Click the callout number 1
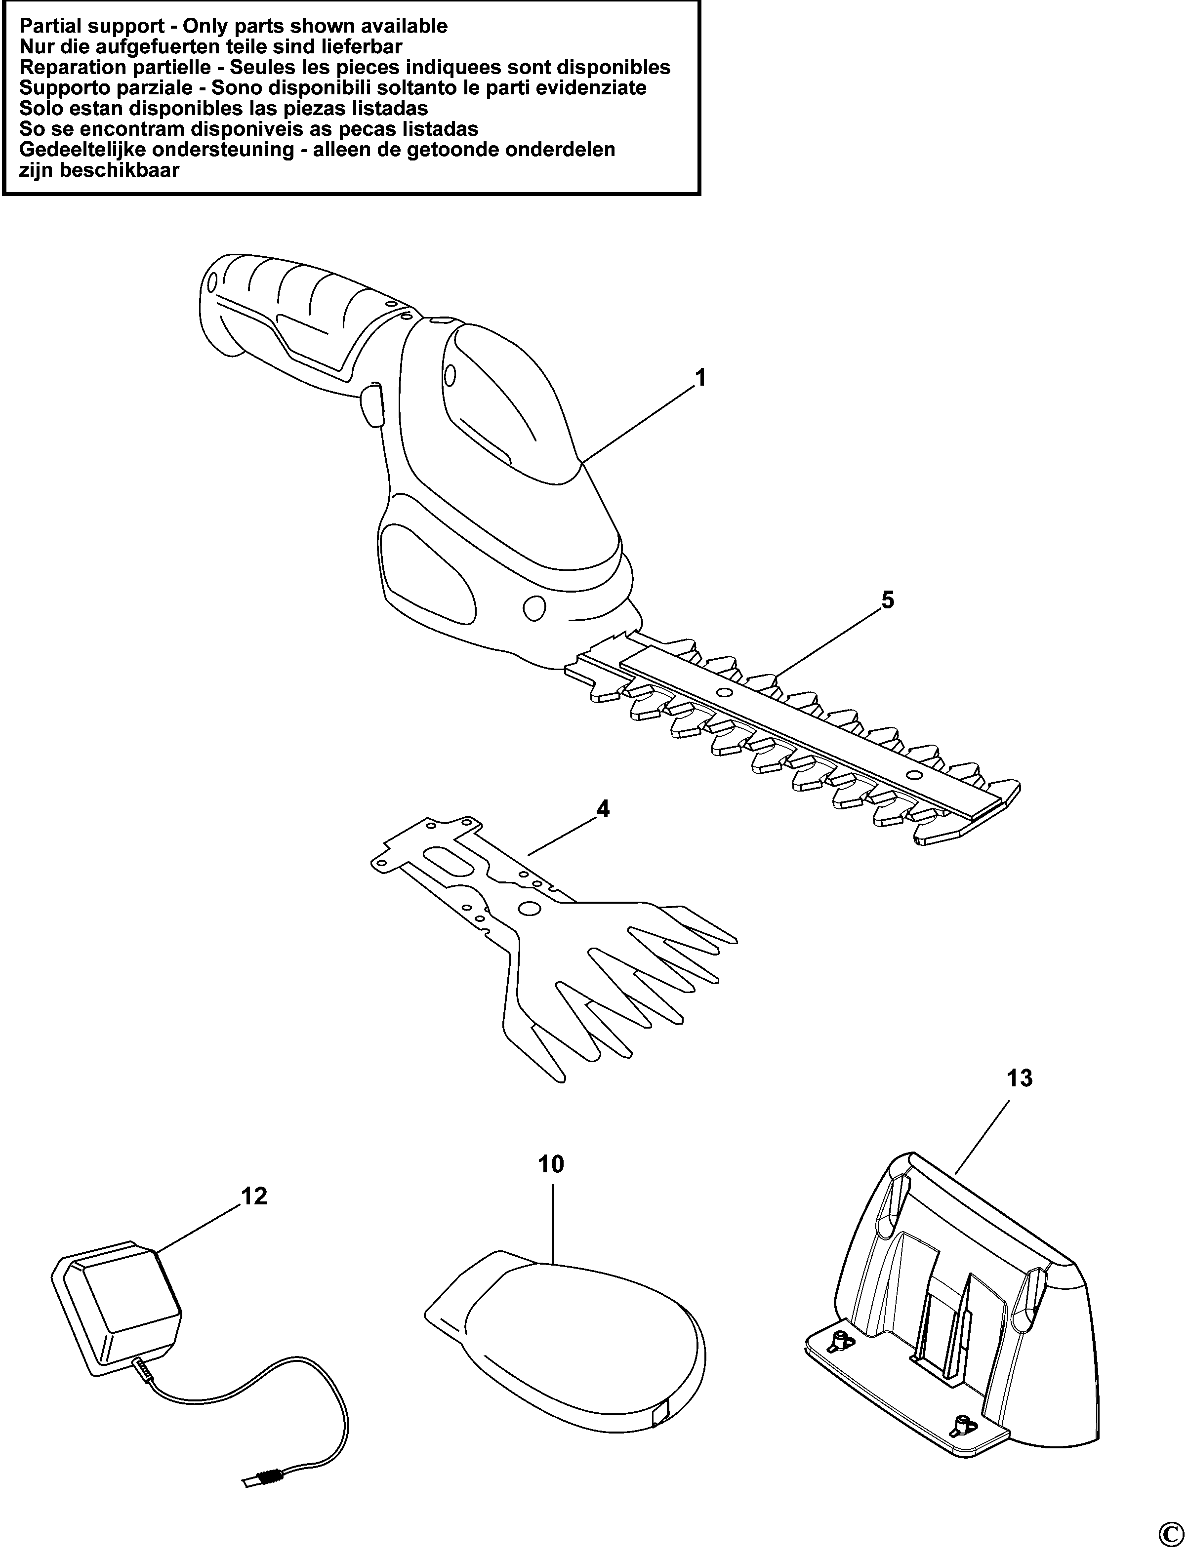tap(700, 378)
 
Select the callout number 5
tap(888, 600)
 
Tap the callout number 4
tap(603, 809)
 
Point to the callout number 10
tap(552, 1184)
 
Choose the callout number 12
tap(254, 1216)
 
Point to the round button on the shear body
tap(534, 608)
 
